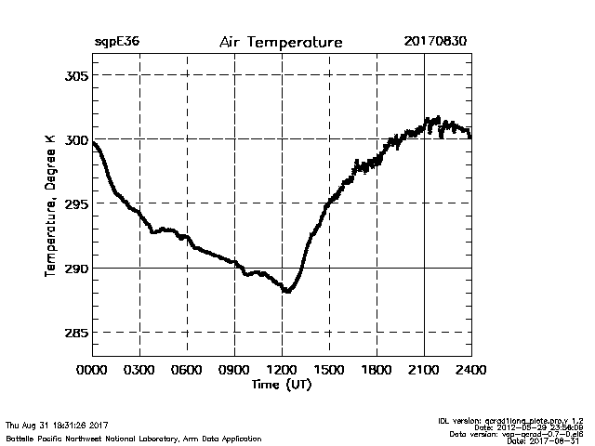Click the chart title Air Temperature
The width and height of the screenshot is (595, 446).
(281, 43)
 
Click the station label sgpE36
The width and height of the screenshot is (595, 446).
(116, 43)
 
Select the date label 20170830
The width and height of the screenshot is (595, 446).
(435, 43)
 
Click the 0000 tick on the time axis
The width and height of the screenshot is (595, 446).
(92, 369)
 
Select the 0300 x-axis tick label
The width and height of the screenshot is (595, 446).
(139, 369)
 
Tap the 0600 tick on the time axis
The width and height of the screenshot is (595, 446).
(187, 369)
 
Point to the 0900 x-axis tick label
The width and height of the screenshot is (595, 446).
(234, 369)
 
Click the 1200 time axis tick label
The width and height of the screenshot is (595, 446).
(282, 369)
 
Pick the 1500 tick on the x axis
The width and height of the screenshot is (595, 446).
(329, 369)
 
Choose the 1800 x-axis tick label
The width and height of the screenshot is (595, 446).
(377, 369)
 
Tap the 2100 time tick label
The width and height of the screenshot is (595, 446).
(424, 369)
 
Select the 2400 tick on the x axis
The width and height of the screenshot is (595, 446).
(470, 369)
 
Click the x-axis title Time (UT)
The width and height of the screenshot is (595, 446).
(281, 384)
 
